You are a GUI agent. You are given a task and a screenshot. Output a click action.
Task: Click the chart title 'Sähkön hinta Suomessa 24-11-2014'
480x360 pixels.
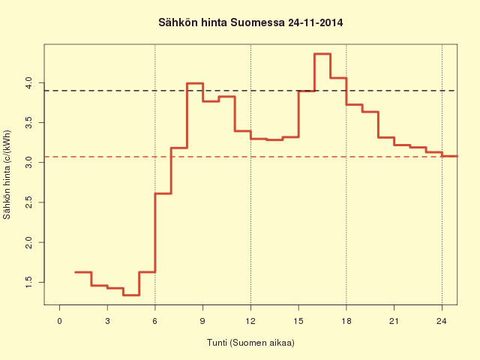pos(250,22)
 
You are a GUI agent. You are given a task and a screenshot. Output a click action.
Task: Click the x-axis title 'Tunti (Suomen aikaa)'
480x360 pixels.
pos(250,343)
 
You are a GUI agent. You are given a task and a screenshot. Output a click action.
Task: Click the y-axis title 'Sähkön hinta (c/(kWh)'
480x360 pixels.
pos(7,175)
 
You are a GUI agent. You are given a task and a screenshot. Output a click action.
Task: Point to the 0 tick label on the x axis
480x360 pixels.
pos(60,321)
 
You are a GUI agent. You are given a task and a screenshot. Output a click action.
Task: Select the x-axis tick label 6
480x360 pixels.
pos(155,321)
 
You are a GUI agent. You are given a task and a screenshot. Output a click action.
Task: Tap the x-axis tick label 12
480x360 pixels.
pos(250,321)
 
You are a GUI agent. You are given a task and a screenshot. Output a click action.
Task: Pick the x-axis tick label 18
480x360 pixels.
pos(346,321)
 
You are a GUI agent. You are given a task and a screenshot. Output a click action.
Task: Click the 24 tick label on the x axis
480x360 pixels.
pos(442,321)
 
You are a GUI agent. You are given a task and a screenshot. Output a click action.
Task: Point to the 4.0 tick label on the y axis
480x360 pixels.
pos(28,83)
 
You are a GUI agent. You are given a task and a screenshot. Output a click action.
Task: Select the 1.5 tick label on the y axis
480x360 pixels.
pos(28,282)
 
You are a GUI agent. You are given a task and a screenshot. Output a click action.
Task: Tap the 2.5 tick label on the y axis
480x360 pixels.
pos(28,202)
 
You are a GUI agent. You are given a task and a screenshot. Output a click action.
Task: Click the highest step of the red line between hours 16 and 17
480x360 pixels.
pos(322,54)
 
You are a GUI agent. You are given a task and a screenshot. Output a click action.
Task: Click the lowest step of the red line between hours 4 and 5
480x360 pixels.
pos(131,295)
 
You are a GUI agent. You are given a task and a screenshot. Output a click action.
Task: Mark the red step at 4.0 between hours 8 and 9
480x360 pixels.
pos(195,83)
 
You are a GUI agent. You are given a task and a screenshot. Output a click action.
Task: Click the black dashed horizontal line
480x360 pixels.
pos(250,91)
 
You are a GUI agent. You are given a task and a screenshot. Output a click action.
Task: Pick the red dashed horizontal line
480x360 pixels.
pos(250,157)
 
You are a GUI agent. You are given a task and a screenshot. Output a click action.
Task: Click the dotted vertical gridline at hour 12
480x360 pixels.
pos(250,175)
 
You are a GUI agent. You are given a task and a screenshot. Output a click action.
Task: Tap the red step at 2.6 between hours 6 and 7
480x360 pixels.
pos(163,193)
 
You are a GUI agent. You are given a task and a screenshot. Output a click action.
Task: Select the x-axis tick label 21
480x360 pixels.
pos(394,321)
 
